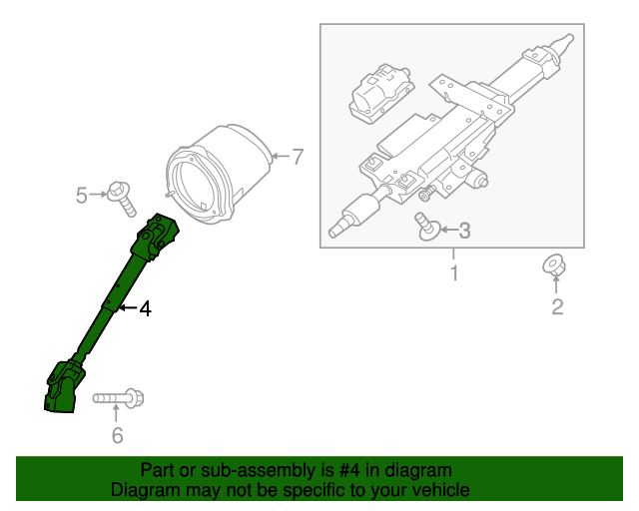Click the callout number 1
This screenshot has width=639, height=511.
pos(454,272)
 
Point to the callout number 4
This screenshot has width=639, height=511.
pos(145,310)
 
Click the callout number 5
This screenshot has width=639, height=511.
pos(82,196)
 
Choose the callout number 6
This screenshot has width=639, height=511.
pos(117,434)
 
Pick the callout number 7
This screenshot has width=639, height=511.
pos(296,156)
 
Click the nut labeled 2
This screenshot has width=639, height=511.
pos(552,265)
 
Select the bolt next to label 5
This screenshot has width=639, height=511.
pos(122,197)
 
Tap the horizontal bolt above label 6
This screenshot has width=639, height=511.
pos(119,399)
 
